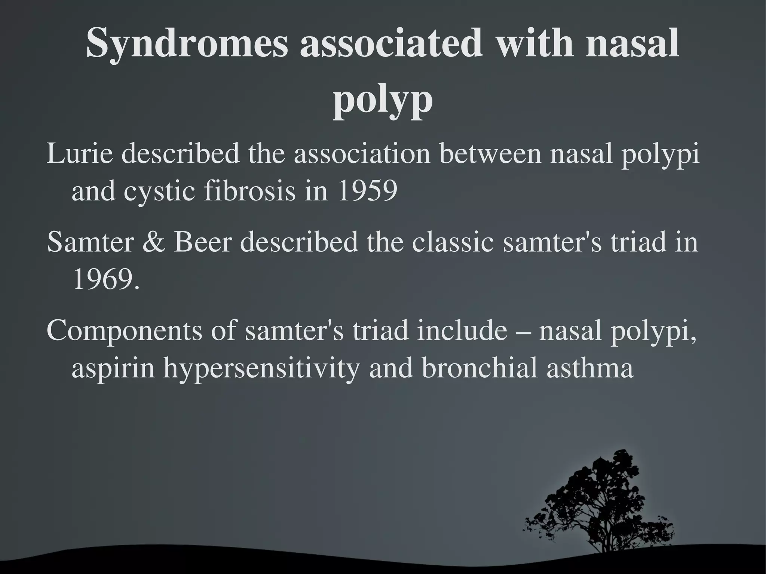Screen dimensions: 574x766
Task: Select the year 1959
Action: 367,191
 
